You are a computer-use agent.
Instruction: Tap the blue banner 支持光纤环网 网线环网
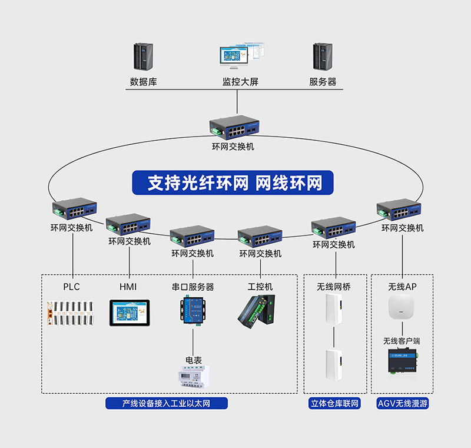point(235,183)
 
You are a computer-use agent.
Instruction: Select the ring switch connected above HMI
point(128,224)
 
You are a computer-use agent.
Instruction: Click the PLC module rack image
point(71,313)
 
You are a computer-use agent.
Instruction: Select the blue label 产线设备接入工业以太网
point(167,404)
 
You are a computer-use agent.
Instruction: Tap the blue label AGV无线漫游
point(402,404)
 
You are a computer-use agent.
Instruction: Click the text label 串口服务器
point(193,287)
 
